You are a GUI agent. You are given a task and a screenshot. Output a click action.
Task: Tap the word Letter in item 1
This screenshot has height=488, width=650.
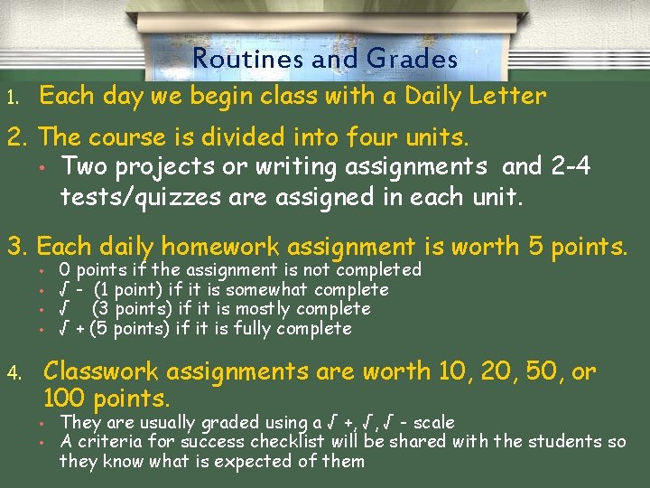point(511,96)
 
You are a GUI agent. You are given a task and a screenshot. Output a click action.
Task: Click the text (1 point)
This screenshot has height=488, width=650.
point(130,289)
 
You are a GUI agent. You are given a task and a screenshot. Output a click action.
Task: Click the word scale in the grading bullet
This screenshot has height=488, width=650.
point(432,422)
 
